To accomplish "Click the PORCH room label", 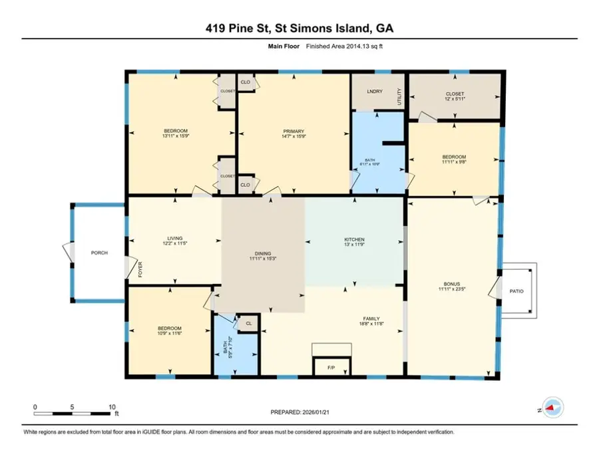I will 99,253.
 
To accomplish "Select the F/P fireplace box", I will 331,367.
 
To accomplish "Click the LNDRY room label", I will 375,91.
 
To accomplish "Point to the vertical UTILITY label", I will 400,97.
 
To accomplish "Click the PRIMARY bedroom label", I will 294,131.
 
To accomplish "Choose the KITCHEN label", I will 354,239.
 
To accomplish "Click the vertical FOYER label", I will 140,269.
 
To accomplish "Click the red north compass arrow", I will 550,408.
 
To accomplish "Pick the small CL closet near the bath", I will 248,324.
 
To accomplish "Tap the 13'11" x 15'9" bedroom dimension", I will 176,136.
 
